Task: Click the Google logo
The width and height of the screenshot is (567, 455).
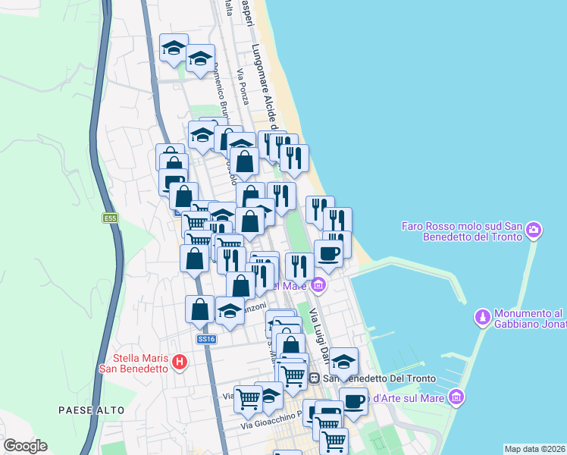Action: coord(25,446)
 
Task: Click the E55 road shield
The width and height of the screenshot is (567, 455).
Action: coord(111,218)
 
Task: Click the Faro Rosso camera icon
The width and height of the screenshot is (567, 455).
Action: coord(534,228)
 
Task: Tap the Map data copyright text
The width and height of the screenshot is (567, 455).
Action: coord(534,448)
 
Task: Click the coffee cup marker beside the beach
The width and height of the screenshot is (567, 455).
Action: coord(328,253)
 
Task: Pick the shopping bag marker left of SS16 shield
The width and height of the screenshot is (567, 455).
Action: coord(199,309)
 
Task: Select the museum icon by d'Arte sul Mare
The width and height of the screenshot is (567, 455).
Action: coord(455,397)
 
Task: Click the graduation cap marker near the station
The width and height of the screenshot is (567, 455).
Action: coord(343,361)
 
